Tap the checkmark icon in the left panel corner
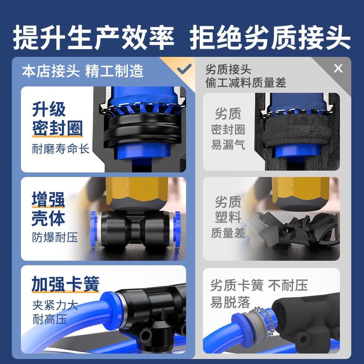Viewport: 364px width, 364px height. pos(184,69)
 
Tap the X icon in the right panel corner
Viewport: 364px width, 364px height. pos(338,69)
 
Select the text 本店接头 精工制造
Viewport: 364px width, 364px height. pos(83,71)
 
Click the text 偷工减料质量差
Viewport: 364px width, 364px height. pos(246,82)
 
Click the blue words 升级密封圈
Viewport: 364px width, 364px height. pos(57,119)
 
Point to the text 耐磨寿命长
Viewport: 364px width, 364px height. pos(61,149)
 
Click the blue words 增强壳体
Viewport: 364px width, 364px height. pos(48,209)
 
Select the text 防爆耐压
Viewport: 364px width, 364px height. pos(55,237)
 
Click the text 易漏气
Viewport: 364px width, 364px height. pos(228,145)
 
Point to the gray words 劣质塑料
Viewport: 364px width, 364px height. pos(228,209)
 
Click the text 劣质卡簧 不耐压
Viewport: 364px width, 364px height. pos(259,285)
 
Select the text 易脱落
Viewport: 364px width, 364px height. pos(230,302)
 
